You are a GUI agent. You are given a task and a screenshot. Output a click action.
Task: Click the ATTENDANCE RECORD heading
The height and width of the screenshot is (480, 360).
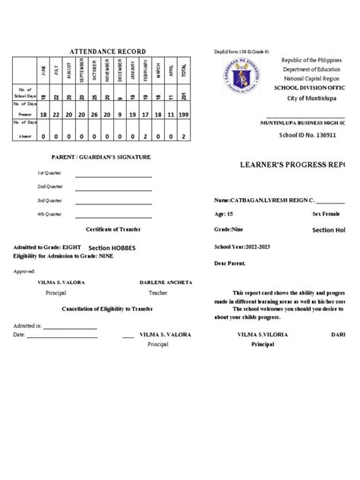108,51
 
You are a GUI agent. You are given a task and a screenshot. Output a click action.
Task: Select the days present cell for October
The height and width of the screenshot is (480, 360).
93,114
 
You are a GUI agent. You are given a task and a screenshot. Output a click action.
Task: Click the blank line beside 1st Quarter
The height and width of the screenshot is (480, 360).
112,174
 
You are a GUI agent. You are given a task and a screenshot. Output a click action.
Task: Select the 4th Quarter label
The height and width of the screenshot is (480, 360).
27,214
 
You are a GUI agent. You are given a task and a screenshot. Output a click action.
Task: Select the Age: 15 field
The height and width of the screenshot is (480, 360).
226,215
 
